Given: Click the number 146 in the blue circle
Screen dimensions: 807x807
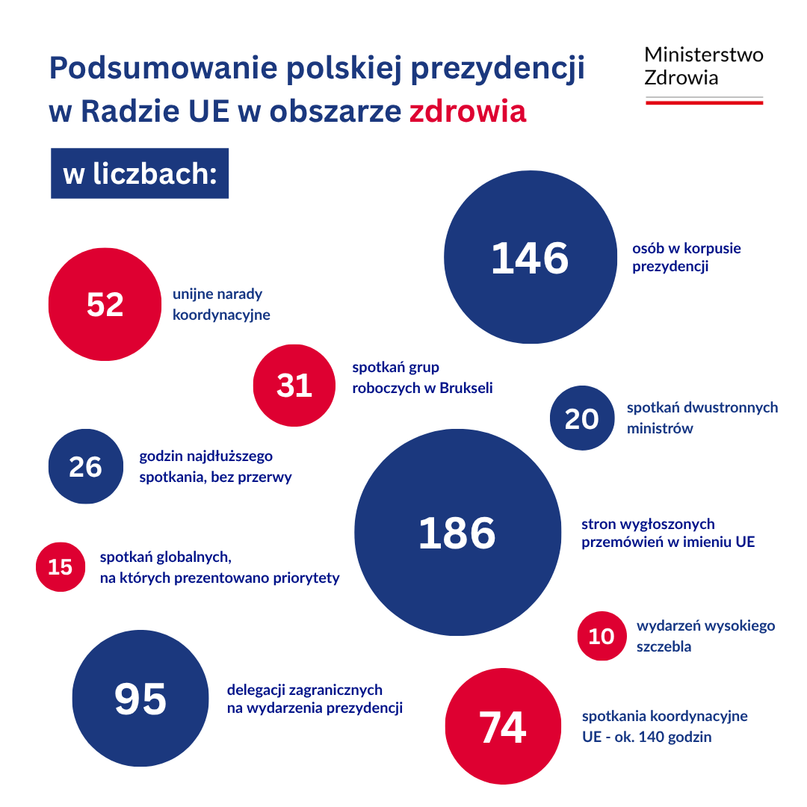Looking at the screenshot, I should pos(530,258).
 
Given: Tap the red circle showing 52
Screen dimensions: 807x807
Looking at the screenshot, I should pos(105,304).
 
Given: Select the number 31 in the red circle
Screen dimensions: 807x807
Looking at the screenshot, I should pos(294,386).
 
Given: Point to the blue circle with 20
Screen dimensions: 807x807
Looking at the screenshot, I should pos(581,418).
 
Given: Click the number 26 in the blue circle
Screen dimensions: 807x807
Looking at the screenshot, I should pos(85,466).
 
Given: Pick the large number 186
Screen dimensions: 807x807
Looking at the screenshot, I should pos(457,533).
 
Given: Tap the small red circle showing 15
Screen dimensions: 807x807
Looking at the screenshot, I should pos(61,567).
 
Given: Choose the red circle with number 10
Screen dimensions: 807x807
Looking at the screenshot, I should pos(602,637).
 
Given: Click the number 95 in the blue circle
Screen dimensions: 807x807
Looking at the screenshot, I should pos(140,699).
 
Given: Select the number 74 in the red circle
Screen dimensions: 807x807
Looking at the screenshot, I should pos(502,726).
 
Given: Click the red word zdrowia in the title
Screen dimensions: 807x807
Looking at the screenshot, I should pos(468,111).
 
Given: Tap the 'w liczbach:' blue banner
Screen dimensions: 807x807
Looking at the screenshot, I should pos(140,173).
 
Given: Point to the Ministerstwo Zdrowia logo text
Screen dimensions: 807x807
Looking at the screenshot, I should pos(703,66).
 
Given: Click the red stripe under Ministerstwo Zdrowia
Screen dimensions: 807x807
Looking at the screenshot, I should pos(703,102).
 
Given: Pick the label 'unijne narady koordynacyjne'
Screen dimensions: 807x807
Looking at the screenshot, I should pos(221,304).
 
